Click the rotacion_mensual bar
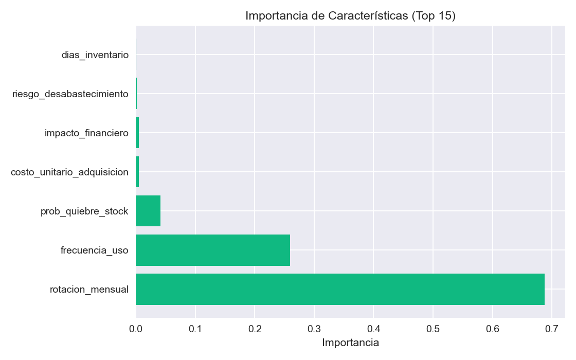click(340, 289)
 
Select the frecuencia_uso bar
click(213, 250)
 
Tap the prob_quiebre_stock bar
click(148, 211)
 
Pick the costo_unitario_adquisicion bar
click(137, 172)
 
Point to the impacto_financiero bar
click(137, 133)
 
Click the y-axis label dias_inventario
click(95, 55)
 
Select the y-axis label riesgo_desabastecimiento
click(70, 94)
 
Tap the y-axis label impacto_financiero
click(86, 133)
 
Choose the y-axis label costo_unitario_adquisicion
click(69, 172)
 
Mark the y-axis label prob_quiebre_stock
click(84, 211)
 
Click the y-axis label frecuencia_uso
click(94, 250)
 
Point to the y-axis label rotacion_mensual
click(89, 289)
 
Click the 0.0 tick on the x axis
click(136, 328)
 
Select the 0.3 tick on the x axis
click(314, 328)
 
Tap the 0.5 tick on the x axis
click(433, 328)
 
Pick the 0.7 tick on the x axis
click(552, 328)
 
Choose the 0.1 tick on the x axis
click(195, 328)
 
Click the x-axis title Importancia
click(350, 343)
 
